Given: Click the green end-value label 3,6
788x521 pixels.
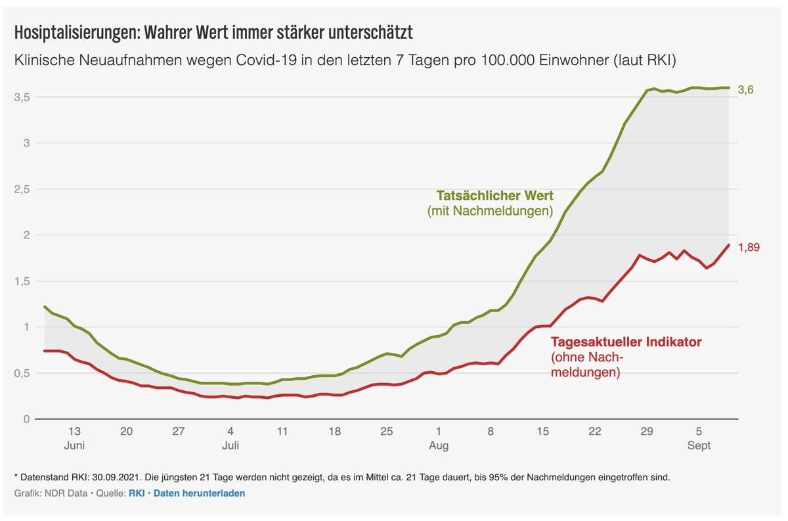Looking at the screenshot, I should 745,89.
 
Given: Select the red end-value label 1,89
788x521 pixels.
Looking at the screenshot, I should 749,247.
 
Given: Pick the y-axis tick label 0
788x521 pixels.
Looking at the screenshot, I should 26,419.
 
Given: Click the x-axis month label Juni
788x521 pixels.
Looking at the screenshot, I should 74,445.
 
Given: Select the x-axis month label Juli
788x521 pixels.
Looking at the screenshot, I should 230,445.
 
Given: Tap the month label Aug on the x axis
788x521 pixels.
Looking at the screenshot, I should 439,445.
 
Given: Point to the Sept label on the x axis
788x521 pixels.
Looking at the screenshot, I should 699,445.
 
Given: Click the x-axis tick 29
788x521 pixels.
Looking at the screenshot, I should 647,432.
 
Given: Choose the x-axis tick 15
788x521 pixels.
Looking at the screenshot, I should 542,432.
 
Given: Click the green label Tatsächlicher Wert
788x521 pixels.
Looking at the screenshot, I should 494,196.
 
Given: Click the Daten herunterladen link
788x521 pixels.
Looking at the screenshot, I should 199,493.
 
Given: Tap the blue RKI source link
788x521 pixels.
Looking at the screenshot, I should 136,493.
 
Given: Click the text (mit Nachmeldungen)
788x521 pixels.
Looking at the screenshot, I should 490,212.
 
